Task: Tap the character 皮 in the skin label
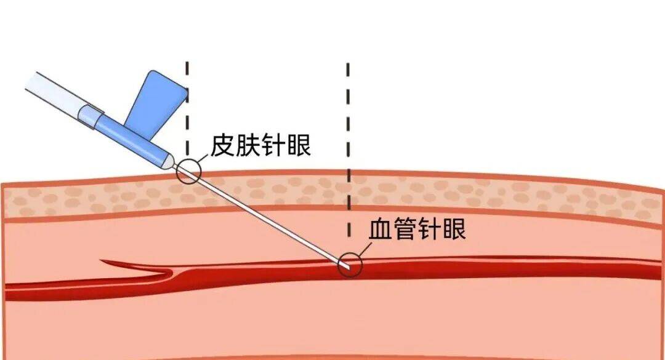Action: click(x=223, y=145)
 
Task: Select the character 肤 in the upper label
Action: click(x=249, y=145)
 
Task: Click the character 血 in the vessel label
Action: click(x=381, y=229)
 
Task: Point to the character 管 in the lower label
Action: click(x=405, y=229)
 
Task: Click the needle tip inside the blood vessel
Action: click(x=347, y=266)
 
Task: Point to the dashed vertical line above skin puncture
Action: click(x=187, y=109)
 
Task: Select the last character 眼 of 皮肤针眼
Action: click(x=299, y=145)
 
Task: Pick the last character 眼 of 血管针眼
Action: click(x=454, y=229)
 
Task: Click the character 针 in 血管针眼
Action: click(x=430, y=229)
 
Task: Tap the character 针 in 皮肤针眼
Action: click(x=274, y=145)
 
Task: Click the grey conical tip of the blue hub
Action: click(x=169, y=161)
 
